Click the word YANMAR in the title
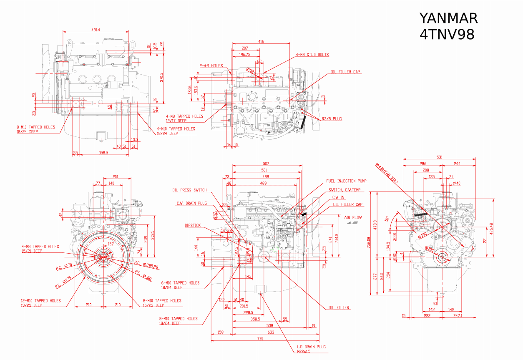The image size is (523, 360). [448, 18]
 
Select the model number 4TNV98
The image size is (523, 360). [447, 35]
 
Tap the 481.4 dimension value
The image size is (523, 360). [96, 30]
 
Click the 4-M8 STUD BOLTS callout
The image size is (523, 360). [312, 55]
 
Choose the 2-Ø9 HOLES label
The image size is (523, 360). [211, 65]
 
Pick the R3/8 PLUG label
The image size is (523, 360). [332, 119]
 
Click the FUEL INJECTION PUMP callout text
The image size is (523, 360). [347, 181]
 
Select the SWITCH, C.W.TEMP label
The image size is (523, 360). [344, 190]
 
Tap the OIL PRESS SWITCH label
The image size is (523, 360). [189, 190]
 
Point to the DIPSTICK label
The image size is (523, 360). [193, 225]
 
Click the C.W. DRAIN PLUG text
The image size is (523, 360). [191, 204]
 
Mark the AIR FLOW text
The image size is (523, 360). [353, 217]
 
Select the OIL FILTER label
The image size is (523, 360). [339, 308]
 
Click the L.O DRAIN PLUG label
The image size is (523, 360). [311, 347]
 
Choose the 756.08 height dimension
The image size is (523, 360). [368, 243]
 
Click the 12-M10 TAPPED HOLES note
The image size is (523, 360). [41, 300]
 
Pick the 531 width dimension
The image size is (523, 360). [439, 157]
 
